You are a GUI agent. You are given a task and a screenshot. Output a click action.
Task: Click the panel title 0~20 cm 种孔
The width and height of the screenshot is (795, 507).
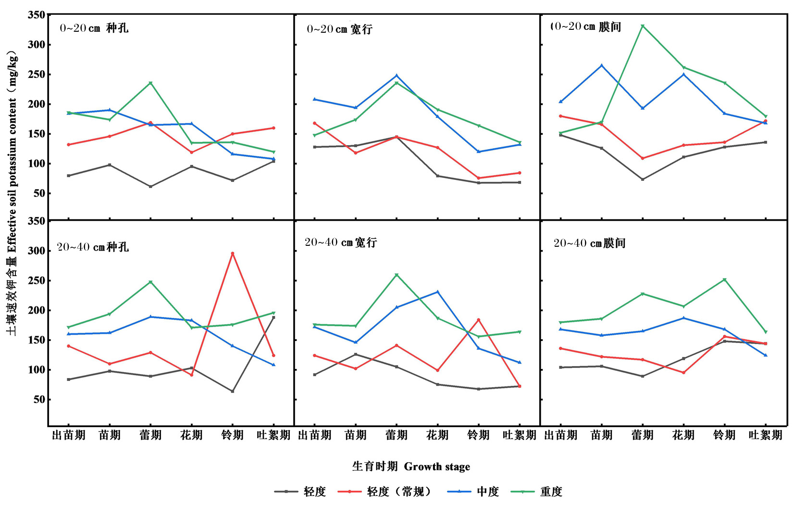(x=94, y=28)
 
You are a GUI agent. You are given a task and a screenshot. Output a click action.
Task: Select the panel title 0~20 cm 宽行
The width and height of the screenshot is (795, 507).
(x=339, y=29)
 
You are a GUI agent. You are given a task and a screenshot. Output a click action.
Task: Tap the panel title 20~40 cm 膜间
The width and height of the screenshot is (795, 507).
(x=589, y=243)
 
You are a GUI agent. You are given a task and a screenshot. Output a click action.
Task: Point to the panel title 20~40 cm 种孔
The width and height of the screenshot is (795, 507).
(x=93, y=247)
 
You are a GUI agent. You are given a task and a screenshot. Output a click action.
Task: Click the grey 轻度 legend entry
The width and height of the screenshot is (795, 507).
(x=300, y=492)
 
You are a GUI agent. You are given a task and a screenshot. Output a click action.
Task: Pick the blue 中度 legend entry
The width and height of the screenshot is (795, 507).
(x=473, y=492)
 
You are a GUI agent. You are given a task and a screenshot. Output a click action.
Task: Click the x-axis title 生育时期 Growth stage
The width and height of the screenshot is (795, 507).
(x=411, y=466)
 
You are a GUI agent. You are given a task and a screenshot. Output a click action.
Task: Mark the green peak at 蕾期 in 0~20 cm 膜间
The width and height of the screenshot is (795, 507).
(x=643, y=26)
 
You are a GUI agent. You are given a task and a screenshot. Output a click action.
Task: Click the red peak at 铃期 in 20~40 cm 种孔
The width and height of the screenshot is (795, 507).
(x=233, y=253)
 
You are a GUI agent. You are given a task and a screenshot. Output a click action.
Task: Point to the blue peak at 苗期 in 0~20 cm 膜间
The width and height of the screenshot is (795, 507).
(x=602, y=65)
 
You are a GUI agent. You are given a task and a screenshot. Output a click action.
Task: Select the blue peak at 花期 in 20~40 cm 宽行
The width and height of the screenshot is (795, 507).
(x=437, y=292)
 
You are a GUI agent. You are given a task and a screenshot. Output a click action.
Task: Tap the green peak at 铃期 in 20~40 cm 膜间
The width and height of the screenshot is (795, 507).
(x=724, y=279)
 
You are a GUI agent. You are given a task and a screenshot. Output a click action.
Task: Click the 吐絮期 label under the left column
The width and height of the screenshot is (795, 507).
(x=273, y=435)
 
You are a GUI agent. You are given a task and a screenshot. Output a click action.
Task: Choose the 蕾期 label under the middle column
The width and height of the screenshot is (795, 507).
(x=397, y=435)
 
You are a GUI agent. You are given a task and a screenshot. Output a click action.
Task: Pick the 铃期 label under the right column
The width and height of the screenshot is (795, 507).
(x=724, y=435)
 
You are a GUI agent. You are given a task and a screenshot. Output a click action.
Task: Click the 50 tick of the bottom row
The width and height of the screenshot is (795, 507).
(x=38, y=400)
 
